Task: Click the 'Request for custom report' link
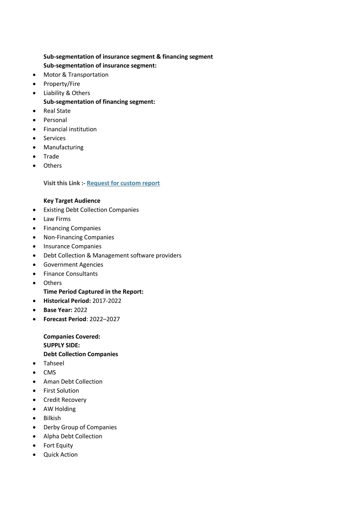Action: (123, 183)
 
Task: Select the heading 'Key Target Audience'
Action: (72, 201)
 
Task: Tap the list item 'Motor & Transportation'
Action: (76, 75)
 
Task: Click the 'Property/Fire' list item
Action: (62, 84)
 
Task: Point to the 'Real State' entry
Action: (57, 111)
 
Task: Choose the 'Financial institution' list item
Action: (70, 129)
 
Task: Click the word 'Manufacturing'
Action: (63, 147)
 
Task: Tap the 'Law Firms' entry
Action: (57, 219)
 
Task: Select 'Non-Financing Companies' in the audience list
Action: (79, 237)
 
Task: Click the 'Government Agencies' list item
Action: (73, 265)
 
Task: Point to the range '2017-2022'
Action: (107, 301)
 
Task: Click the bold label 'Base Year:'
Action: (58, 310)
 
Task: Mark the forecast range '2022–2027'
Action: (105, 319)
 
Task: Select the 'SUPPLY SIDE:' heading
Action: (62, 346)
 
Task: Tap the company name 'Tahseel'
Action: (54, 363)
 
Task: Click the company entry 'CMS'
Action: (50, 373)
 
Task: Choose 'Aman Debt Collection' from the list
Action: (73, 382)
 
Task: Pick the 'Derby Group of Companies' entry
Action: (80, 427)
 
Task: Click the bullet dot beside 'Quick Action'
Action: (34, 455)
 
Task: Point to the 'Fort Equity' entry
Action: (58, 446)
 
